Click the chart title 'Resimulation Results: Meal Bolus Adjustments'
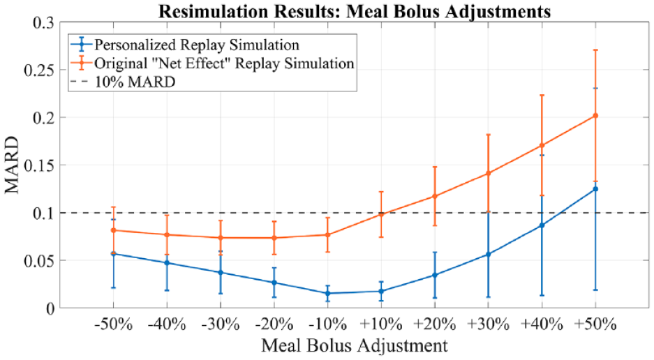pyautogui.click(x=354, y=10)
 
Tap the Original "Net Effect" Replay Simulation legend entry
pyautogui.click(x=212, y=63)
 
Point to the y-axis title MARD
pyautogui.click(x=12, y=165)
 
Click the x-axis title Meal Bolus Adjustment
pyautogui.click(x=354, y=345)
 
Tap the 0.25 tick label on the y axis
pyautogui.click(x=39, y=70)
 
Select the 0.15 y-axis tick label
pyautogui.click(x=39, y=165)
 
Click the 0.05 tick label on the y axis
pyautogui.click(x=39, y=261)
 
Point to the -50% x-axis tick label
pyautogui.click(x=114, y=324)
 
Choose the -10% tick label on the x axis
pyautogui.click(x=327, y=324)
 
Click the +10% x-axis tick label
pyautogui.click(x=381, y=324)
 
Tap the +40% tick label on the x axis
pyautogui.click(x=542, y=324)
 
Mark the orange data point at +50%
pyautogui.click(x=595, y=116)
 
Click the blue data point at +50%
pyautogui.click(x=595, y=189)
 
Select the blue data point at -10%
pyautogui.click(x=327, y=293)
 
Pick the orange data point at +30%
pyautogui.click(x=488, y=173)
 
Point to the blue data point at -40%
pyautogui.click(x=167, y=263)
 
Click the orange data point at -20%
pyautogui.click(x=274, y=238)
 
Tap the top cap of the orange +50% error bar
pyautogui.click(x=595, y=50)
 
